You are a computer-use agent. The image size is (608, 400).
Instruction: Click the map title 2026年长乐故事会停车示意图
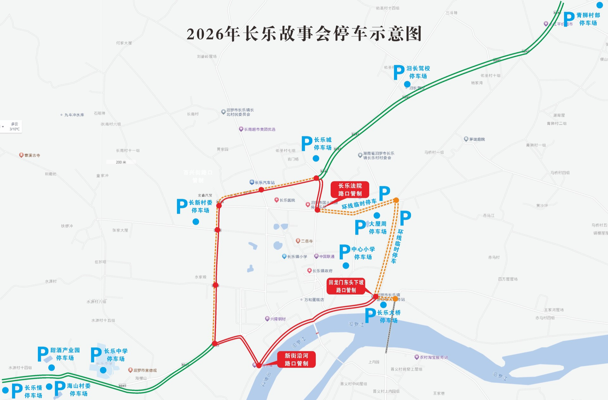pos(304,34)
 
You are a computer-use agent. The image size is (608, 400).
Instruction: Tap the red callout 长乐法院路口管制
pos(350,189)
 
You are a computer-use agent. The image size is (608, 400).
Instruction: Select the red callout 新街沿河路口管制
pos(296,359)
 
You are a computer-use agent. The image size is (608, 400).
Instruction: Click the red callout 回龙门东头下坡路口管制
pos(346,286)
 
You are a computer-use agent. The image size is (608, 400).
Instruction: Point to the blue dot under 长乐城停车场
pos(316,158)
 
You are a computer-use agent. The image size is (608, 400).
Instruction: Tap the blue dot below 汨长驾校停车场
pos(407,84)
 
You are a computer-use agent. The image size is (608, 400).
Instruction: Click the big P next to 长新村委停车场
pos(182,206)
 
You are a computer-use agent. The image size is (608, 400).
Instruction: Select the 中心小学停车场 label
pos(363,253)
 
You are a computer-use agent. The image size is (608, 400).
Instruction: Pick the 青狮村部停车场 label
pos(588,19)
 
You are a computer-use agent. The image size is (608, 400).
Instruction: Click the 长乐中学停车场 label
pos(116,355)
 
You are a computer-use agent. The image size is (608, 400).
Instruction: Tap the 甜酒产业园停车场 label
pos(65,354)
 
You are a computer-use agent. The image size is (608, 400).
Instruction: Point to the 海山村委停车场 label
pos(79,390)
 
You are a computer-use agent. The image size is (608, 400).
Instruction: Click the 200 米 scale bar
pos(121,162)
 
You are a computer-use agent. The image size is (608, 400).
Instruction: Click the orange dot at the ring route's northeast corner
pos(396,200)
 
